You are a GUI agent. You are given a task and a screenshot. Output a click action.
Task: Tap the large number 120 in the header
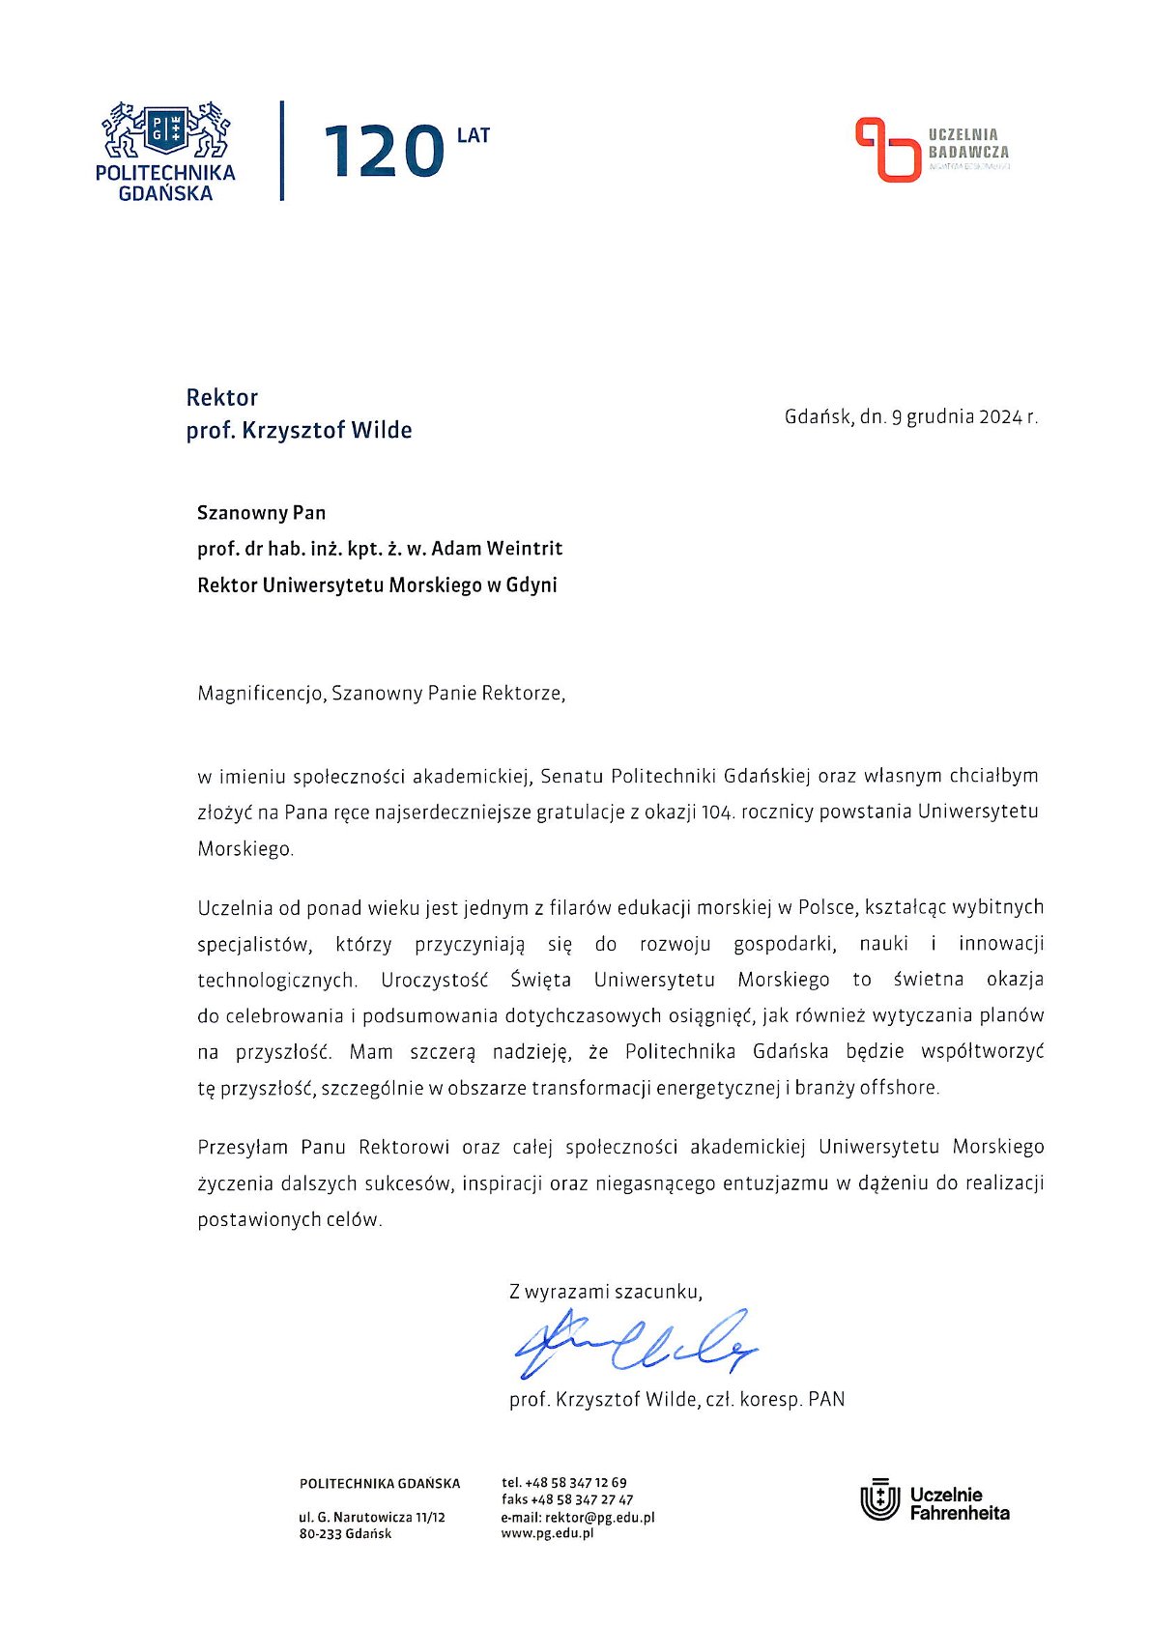point(384,153)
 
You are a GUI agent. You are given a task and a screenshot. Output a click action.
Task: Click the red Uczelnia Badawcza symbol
point(887,150)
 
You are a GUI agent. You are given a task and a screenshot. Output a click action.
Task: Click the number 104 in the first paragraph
point(716,812)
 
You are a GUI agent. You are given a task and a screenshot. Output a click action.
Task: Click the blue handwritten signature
point(633,1343)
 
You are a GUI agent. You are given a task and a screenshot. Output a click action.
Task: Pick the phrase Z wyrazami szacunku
point(606,1292)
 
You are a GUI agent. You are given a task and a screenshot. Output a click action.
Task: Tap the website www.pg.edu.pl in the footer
point(547,1533)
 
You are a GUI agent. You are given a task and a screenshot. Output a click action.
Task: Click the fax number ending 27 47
point(582,1499)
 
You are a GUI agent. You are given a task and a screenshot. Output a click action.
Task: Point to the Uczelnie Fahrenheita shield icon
point(879,1500)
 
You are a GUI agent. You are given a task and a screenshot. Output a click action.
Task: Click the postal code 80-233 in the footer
point(320,1534)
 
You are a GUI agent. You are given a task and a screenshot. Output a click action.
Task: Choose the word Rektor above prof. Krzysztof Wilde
point(222,397)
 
